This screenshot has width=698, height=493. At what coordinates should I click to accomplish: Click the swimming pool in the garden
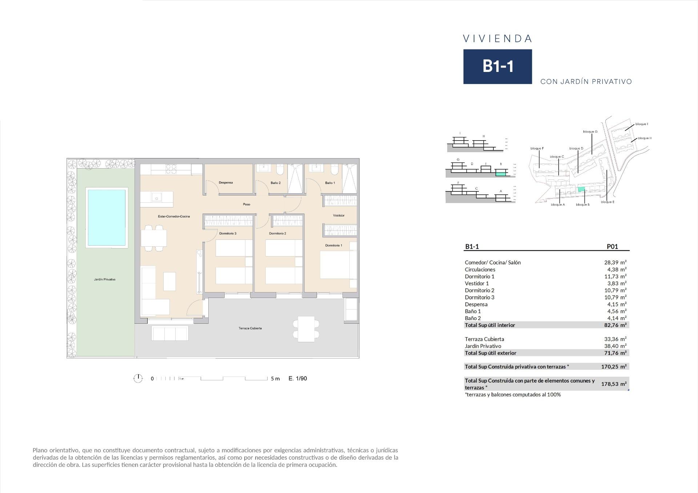[x=107, y=217]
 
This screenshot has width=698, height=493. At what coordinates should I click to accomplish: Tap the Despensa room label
[x=226, y=182]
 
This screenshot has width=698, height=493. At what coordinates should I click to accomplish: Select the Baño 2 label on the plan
[x=276, y=183]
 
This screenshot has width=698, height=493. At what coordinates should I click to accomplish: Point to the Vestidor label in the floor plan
[x=338, y=215]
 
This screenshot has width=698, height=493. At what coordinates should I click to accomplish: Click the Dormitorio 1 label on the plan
[x=333, y=246]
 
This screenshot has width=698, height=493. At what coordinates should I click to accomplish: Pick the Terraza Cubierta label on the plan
[x=250, y=328]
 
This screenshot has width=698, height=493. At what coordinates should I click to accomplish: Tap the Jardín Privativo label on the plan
[x=105, y=279]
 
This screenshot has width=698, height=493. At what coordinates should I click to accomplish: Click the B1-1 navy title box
[x=497, y=66]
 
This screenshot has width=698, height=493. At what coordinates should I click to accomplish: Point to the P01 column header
[x=612, y=246]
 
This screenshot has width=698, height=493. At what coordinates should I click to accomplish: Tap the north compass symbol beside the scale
[x=138, y=378]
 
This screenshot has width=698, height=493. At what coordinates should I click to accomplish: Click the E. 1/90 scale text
[x=297, y=378]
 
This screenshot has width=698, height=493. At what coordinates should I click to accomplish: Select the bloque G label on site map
[x=590, y=132]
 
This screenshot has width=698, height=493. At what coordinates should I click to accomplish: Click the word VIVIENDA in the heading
[x=498, y=39]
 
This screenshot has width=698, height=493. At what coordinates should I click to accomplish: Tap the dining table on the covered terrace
[x=306, y=329]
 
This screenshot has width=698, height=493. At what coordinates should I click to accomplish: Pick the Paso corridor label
[x=246, y=205]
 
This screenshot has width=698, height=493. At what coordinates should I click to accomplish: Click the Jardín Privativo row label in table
[x=483, y=346]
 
